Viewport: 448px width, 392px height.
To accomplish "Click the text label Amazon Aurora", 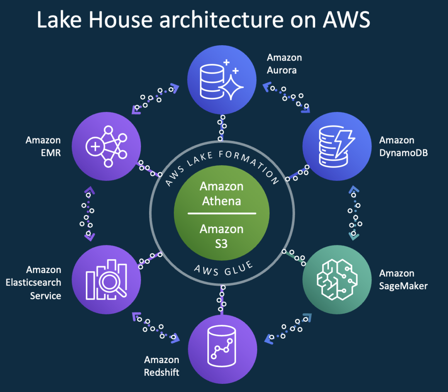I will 284,64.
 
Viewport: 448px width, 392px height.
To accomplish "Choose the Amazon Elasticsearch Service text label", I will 34,283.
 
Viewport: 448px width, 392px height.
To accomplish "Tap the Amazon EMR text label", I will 43,146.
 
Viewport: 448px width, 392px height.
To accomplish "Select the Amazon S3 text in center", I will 222,236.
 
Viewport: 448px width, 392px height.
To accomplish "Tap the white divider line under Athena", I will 222,213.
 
